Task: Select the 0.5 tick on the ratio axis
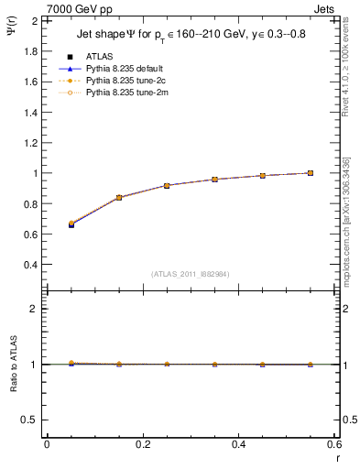(29, 420)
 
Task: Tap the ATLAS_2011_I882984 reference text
(190, 274)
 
